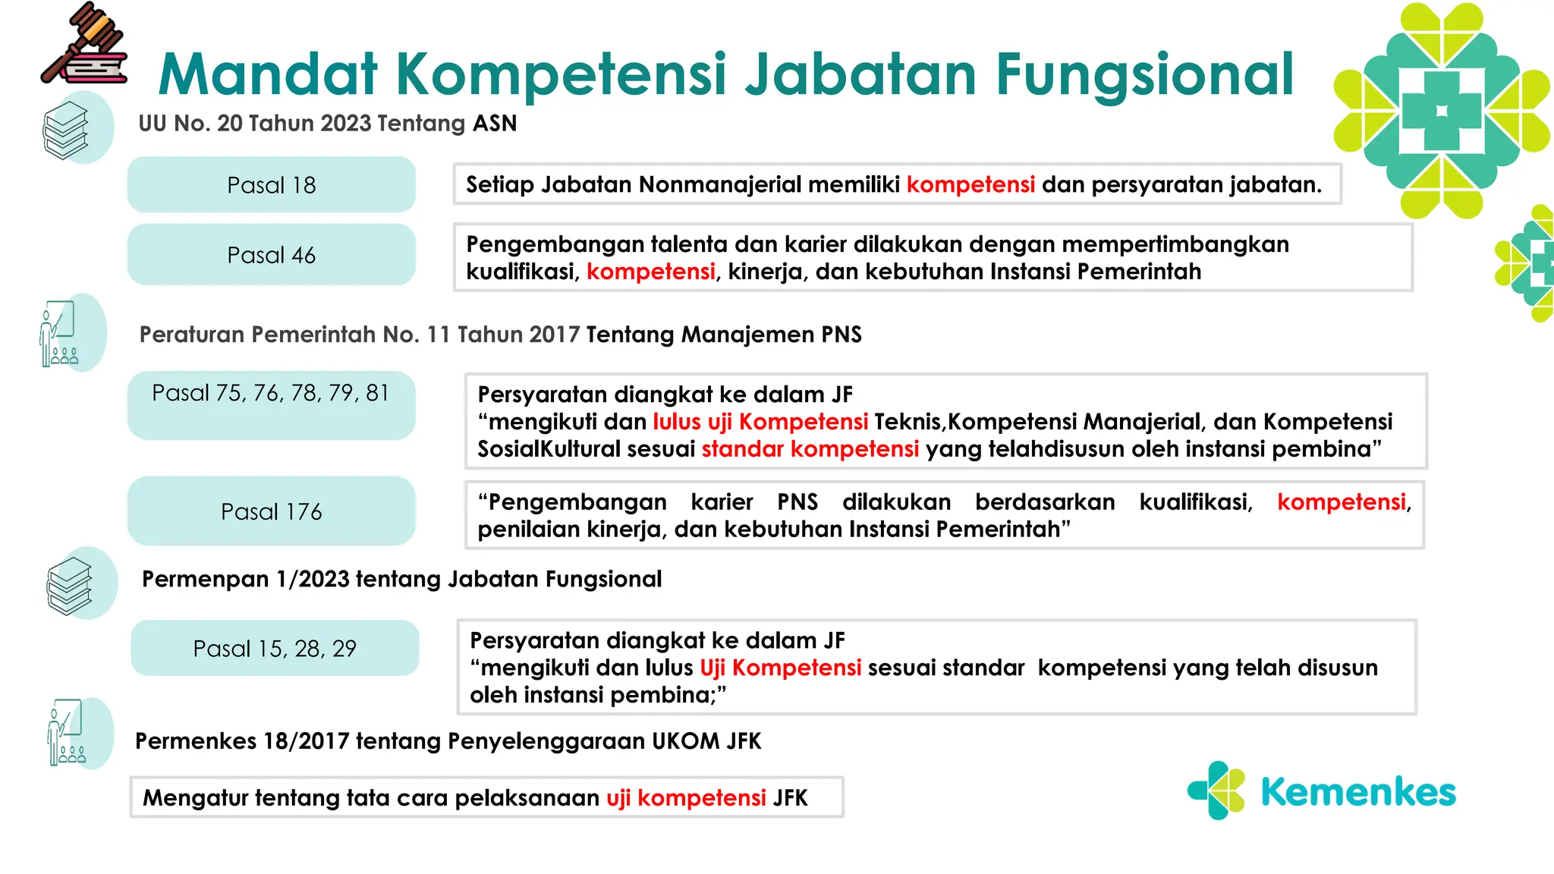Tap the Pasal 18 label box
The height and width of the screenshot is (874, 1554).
tap(271, 185)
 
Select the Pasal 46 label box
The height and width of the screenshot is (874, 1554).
tap(271, 255)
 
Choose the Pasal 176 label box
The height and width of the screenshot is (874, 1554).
tap(271, 511)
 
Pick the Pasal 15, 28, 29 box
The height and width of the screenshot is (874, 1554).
tap(274, 649)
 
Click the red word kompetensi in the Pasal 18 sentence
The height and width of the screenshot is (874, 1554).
tap(970, 184)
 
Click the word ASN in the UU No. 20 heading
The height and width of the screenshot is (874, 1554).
tap(495, 123)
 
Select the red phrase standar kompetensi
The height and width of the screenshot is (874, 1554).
tap(810, 449)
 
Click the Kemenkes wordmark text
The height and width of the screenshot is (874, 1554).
tap(1357, 792)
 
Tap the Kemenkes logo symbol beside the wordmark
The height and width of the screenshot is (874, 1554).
tap(1216, 791)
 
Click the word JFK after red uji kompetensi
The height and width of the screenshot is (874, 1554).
tap(790, 798)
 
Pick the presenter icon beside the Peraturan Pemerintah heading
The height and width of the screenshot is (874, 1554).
tap(58, 335)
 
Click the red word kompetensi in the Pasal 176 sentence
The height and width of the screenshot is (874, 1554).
tap(1341, 502)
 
